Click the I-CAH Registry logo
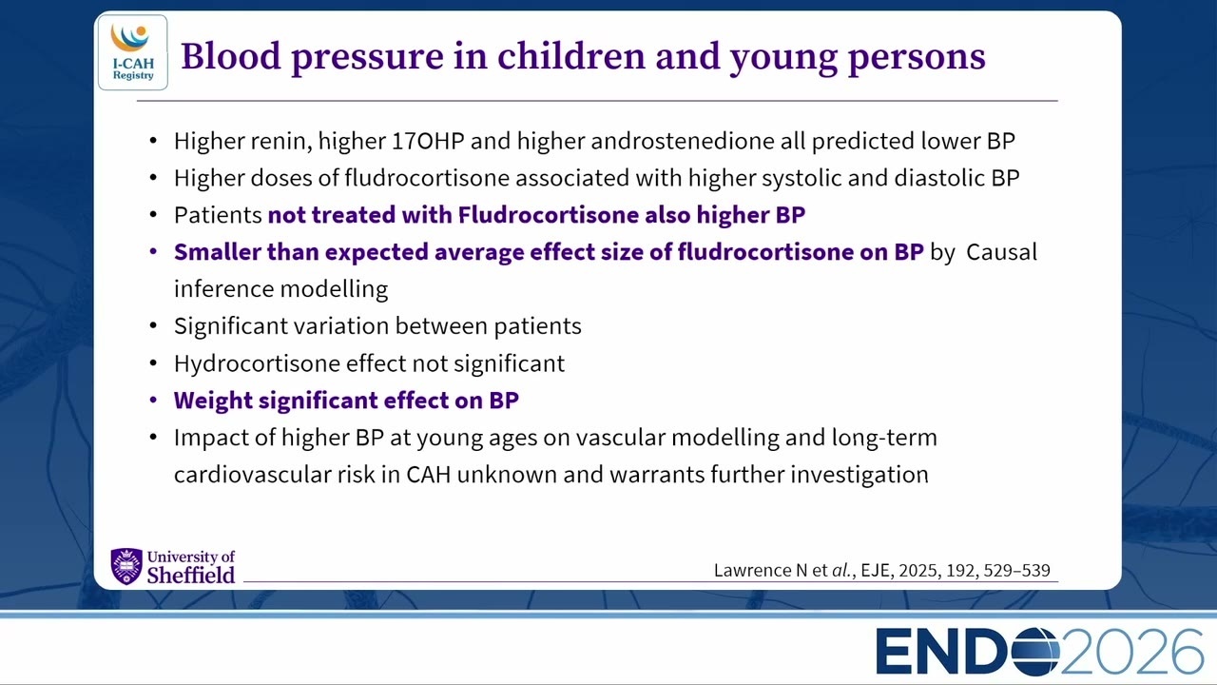click(133, 52)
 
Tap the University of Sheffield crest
click(126, 566)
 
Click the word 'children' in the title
click(570, 56)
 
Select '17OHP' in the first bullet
click(428, 141)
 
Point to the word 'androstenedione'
click(683, 141)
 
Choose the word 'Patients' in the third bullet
click(218, 215)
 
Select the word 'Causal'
click(1002, 252)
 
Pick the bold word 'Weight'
click(213, 401)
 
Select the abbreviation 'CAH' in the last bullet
click(429, 475)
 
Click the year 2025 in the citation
click(918, 570)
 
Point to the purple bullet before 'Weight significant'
click(153, 401)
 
